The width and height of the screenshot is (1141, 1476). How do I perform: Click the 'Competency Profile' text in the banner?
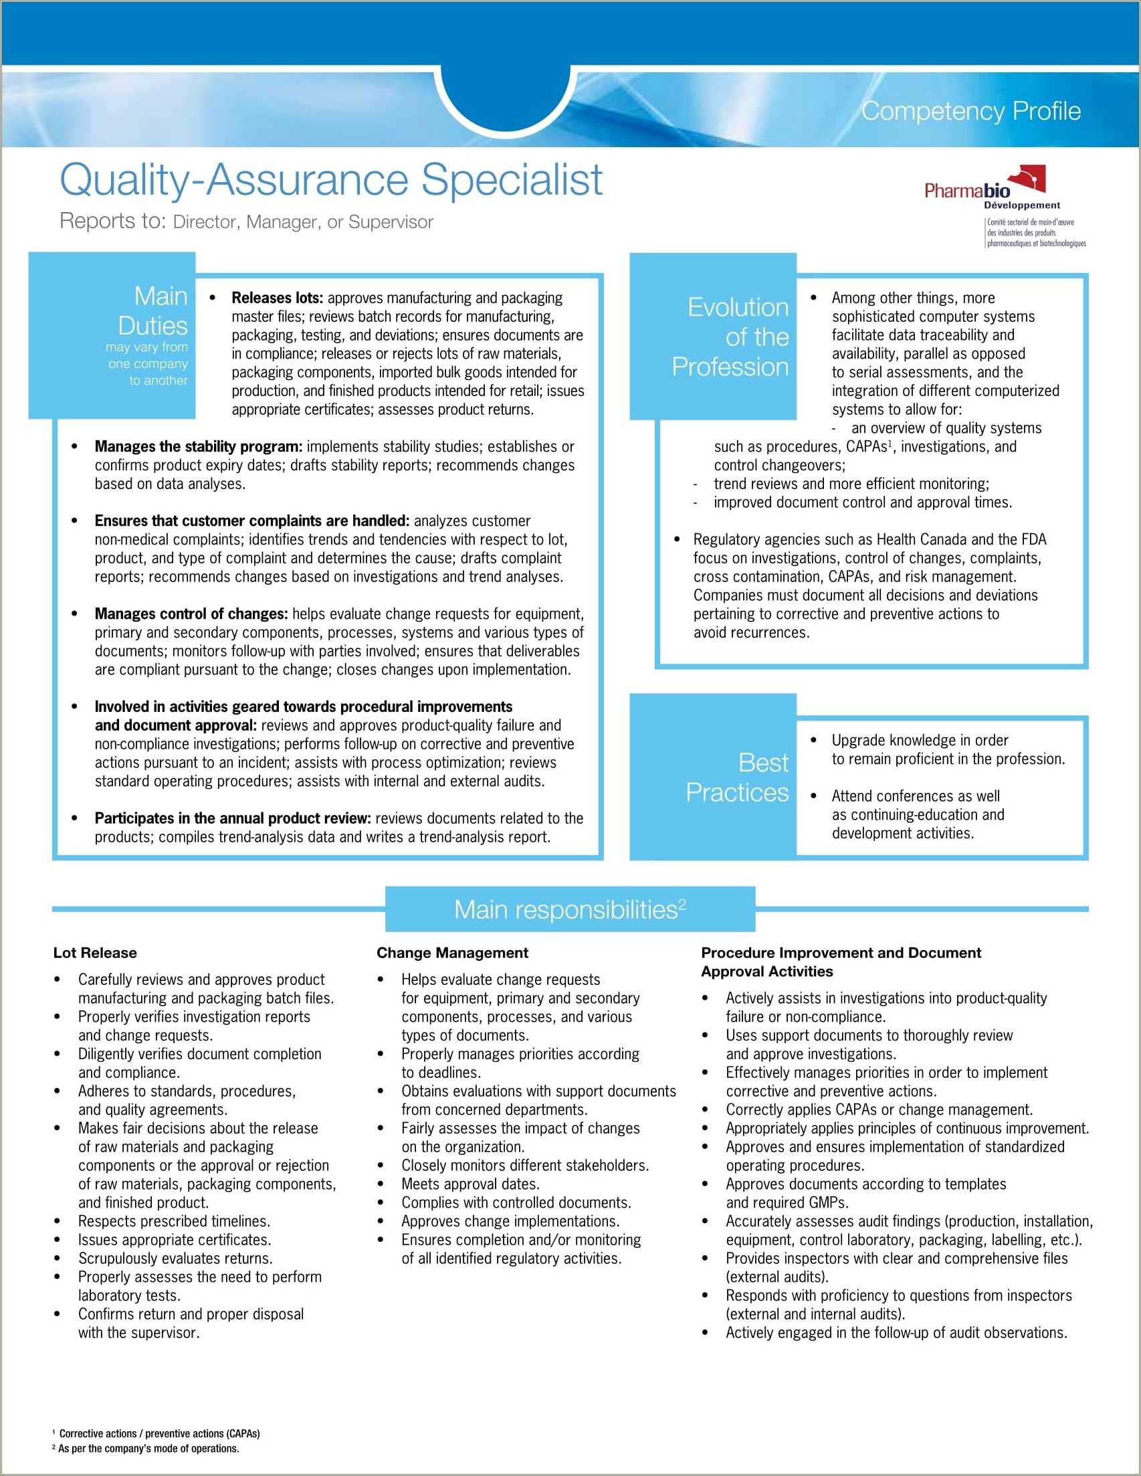click(x=970, y=111)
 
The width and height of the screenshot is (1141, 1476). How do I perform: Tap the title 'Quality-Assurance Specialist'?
click(x=331, y=179)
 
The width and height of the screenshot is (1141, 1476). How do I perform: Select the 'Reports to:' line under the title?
click(x=247, y=221)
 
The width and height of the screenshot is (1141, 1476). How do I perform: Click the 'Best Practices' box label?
click(x=738, y=777)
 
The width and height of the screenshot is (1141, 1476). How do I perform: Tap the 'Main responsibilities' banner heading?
click(x=569, y=910)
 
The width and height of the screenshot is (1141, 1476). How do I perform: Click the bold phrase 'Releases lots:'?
click(x=277, y=298)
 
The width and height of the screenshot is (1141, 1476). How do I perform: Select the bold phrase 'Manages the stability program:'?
click(x=198, y=447)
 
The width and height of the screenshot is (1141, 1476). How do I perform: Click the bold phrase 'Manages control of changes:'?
click(x=191, y=614)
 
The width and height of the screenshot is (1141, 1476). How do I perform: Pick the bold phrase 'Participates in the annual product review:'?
click(x=232, y=818)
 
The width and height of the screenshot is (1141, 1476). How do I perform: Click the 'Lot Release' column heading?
click(x=94, y=953)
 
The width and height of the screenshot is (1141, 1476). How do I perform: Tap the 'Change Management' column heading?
click(x=452, y=953)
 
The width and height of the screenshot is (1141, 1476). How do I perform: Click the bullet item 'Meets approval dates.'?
click(x=470, y=1184)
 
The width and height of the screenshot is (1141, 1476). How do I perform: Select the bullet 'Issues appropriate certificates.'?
click(x=175, y=1239)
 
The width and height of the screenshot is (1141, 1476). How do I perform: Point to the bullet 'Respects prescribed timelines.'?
click(x=174, y=1221)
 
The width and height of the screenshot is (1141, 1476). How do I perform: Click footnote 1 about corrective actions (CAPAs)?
click(x=159, y=1433)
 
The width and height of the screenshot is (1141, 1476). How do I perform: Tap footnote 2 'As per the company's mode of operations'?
click(x=148, y=1449)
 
